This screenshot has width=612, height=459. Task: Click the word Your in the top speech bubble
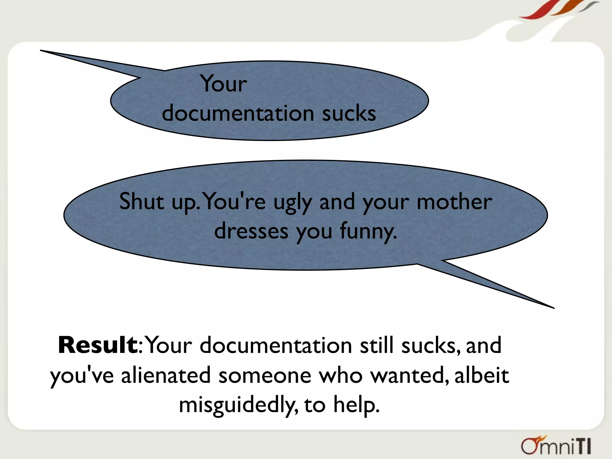point(224,83)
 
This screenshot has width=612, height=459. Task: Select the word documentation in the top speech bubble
point(238,114)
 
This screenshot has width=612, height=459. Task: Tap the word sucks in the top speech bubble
point(349,114)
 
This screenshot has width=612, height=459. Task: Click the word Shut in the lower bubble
point(142,201)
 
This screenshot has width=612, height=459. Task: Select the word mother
point(454,201)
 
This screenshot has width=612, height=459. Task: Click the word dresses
point(251,231)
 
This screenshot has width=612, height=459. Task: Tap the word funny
point(368,232)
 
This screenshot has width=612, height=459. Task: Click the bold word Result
point(97,345)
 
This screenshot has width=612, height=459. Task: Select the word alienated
point(166,375)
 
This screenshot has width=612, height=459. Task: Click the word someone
point(265,375)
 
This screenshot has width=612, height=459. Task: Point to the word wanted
point(409,375)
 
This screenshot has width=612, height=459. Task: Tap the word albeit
point(482,375)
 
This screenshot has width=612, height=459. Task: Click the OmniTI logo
point(556,446)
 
